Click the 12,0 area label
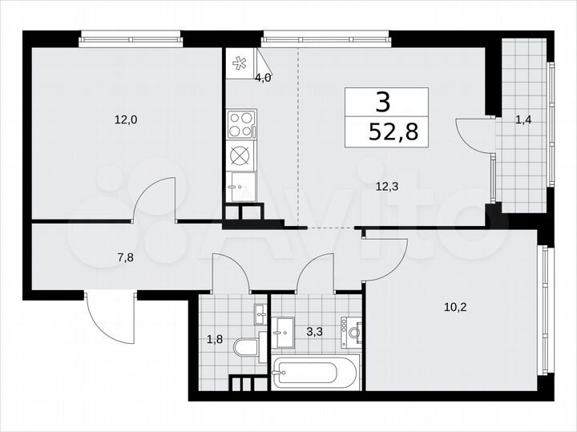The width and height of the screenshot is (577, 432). (126, 121)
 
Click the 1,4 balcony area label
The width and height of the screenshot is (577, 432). (523, 121)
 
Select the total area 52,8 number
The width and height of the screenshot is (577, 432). (387, 131)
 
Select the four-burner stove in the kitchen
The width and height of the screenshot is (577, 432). (241, 124)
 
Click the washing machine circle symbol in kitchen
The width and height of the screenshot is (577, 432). (240, 155)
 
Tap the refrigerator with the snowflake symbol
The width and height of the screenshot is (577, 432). (240, 65)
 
